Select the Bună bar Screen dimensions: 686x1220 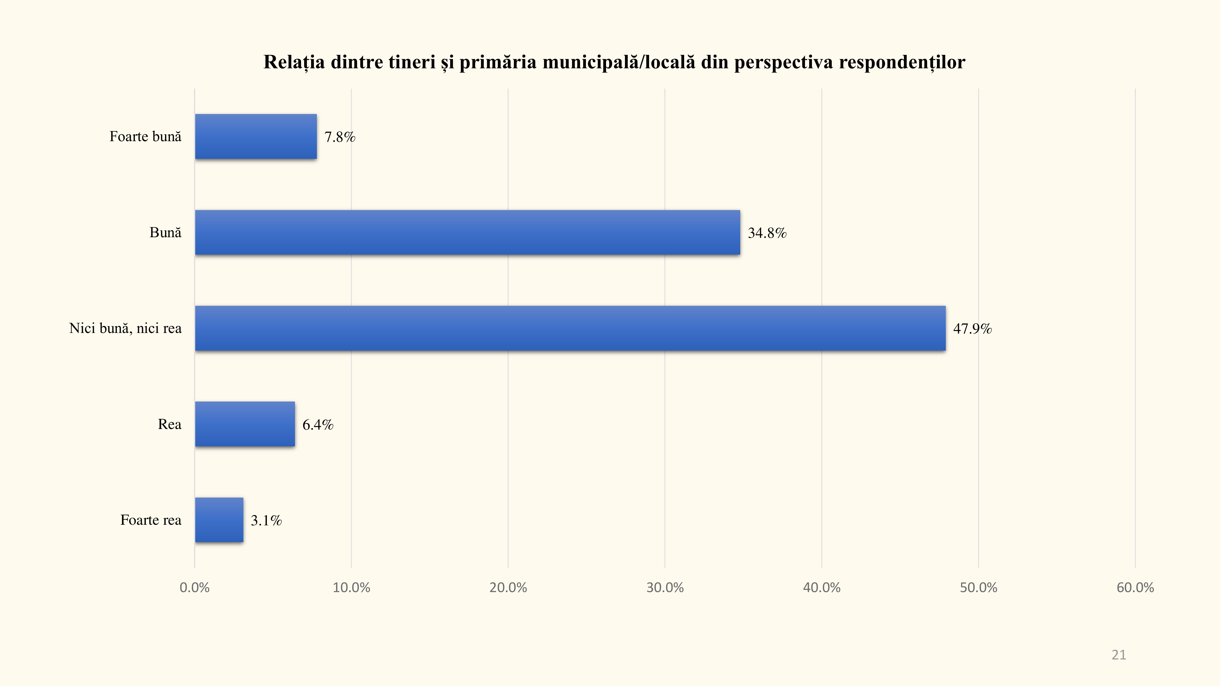pyautogui.click(x=468, y=232)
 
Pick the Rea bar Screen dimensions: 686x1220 pyautogui.click(x=245, y=424)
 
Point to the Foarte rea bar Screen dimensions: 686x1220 pyautogui.click(x=219, y=520)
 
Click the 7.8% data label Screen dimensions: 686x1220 pyautogui.click(x=339, y=137)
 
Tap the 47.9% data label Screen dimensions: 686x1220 pyautogui.click(x=972, y=329)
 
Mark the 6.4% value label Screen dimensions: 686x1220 pyautogui.click(x=318, y=425)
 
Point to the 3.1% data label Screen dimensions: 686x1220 pyautogui.click(x=266, y=521)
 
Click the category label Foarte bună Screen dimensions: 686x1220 pyautogui.click(x=145, y=137)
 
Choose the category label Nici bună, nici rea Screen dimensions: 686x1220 pyautogui.click(x=125, y=328)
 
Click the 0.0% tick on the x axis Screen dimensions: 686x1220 pyautogui.click(x=195, y=588)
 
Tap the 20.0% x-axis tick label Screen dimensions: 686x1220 pyautogui.click(x=508, y=588)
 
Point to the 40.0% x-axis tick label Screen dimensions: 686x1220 pyautogui.click(x=822, y=588)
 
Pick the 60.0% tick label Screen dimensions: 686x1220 pyautogui.click(x=1135, y=588)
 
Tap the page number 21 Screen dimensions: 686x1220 pyautogui.click(x=1119, y=655)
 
